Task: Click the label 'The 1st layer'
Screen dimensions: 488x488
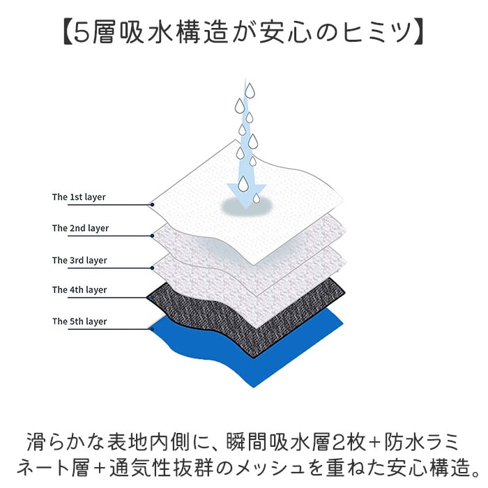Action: click(79, 197)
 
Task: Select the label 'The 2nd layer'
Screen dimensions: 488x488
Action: click(80, 228)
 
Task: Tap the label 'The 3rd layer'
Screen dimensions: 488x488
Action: click(79, 260)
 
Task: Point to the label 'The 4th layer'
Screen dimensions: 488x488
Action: click(79, 290)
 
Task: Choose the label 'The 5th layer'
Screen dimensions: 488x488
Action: click(79, 321)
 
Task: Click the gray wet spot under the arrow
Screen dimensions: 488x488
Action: click(241, 206)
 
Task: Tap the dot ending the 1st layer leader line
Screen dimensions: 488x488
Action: click(152, 205)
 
